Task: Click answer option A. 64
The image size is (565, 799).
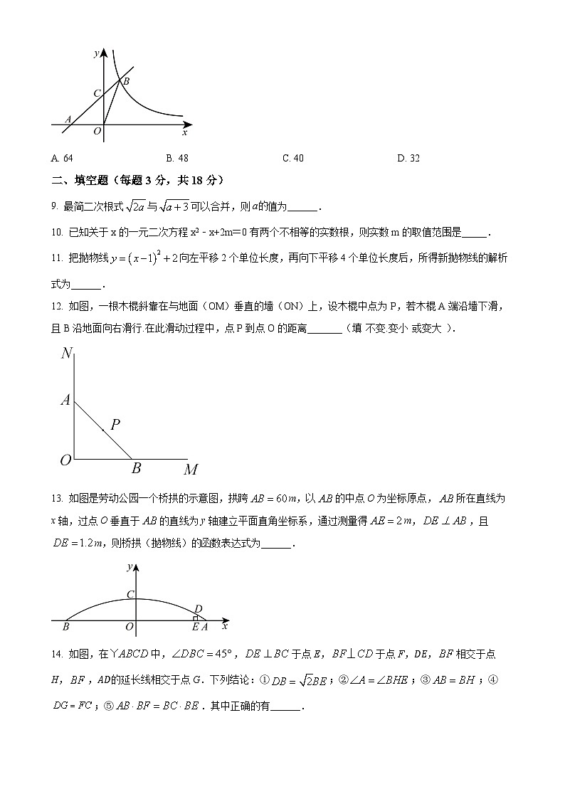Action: [x=63, y=158]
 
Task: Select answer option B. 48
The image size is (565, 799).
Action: [x=177, y=158]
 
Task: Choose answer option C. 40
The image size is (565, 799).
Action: [x=292, y=158]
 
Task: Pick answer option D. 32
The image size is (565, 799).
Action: [x=408, y=158]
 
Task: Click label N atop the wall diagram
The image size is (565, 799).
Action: [x=67, y=353]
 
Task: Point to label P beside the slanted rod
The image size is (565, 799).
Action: [x=115, y=425]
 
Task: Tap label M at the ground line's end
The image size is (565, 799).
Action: [x=191, y=470]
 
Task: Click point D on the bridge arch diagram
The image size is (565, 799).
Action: [x=199, y=608]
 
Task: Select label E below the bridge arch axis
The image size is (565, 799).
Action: [x=195, y=627]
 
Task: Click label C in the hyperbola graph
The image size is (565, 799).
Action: [x=97, y=93]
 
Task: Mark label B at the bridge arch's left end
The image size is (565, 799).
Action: [x=65, y=627]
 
